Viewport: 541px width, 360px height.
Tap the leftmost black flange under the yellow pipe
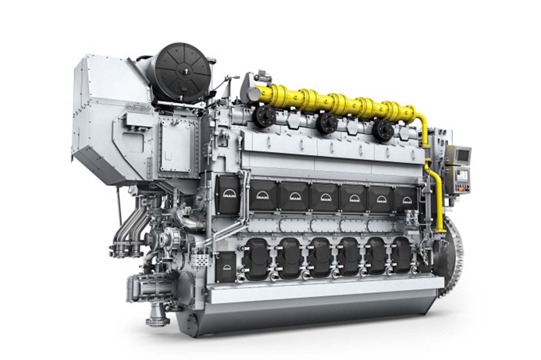(264, 116)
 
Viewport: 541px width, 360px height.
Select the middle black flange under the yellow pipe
(327, 122)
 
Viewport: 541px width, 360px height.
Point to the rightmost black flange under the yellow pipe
(383, 130)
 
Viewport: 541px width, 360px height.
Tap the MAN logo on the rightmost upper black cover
(406, 200)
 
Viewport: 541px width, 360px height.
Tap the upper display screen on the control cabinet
(463, 155)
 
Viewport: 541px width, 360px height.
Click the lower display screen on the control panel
(462, 175)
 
